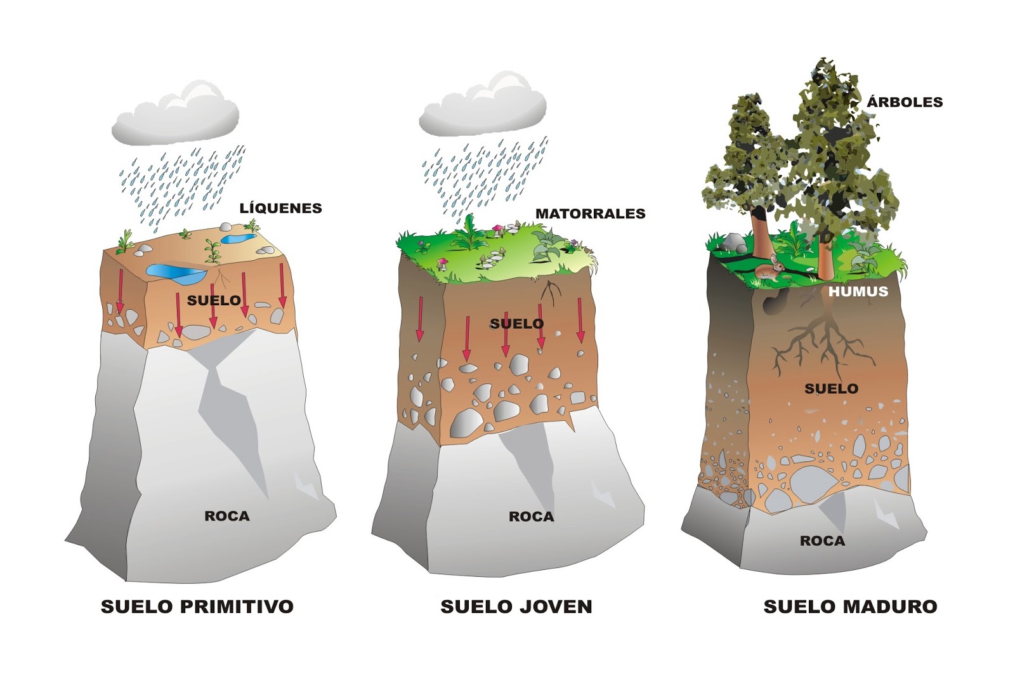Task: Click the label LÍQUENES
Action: point(280,208)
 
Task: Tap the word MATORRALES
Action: point(590,214)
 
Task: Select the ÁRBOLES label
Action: point(905,102)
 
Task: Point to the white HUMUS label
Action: point(858,292)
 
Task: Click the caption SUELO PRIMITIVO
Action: point(197,606)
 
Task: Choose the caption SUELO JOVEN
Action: point(516,606)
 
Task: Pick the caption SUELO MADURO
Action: point(850,606)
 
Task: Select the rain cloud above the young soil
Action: point(483,106)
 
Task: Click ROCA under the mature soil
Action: point(822,541)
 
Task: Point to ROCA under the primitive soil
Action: point(226,516)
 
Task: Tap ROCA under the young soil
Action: point(531,517)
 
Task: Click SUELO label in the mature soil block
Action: point(831,388)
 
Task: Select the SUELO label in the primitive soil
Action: point(214,300)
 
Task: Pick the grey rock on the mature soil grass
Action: point(735,242)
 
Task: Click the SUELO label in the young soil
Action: point(517,324)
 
